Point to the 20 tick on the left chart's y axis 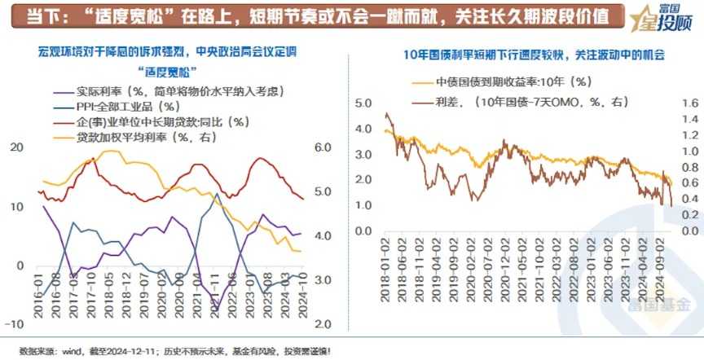[16, 147]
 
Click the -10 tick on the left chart [14, 324]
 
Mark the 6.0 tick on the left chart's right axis [323, 147]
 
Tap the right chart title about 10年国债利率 [534, 55]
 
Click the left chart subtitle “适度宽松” [166, 69]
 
